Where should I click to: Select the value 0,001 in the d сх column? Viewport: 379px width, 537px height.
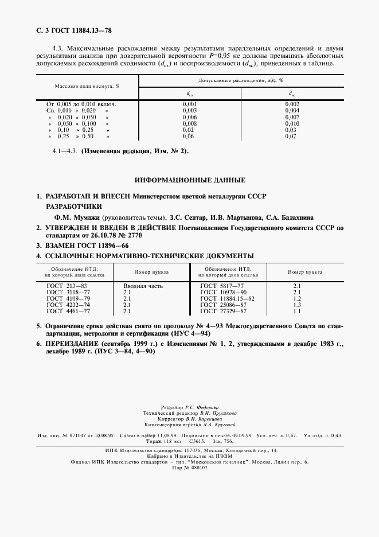(189, 103)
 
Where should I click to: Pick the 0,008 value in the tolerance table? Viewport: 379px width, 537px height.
(189, 123)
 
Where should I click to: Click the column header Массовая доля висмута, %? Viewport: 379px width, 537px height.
(87, 86)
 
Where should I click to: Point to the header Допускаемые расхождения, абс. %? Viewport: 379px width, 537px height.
(241, 81)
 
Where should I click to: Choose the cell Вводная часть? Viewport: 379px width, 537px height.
(143, 285)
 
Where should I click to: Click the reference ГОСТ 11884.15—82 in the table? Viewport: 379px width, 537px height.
(227, 298)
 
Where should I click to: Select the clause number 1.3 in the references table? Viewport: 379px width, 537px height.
(297, 305)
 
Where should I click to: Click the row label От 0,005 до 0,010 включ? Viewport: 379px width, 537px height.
(81, 103)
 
